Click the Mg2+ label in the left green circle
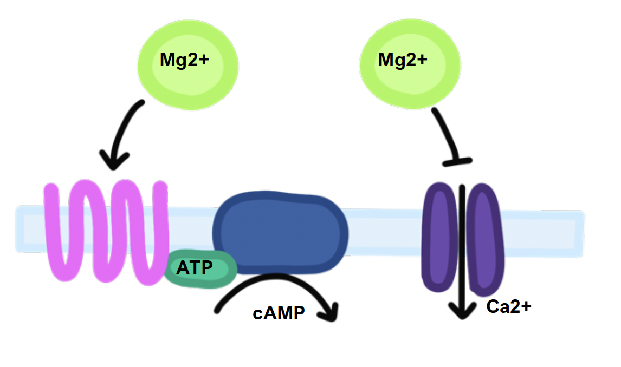tap(184, 60)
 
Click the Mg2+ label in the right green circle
tap(403, 60)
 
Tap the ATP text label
tap(195, 267)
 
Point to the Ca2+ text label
tap(509, 306)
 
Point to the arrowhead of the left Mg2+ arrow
tap(114, 160)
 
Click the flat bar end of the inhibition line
tap(458, 160)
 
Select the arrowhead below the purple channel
tap(462, 311)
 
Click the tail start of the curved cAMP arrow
tap(218, 310)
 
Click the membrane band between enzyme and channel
tap(385, 230)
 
